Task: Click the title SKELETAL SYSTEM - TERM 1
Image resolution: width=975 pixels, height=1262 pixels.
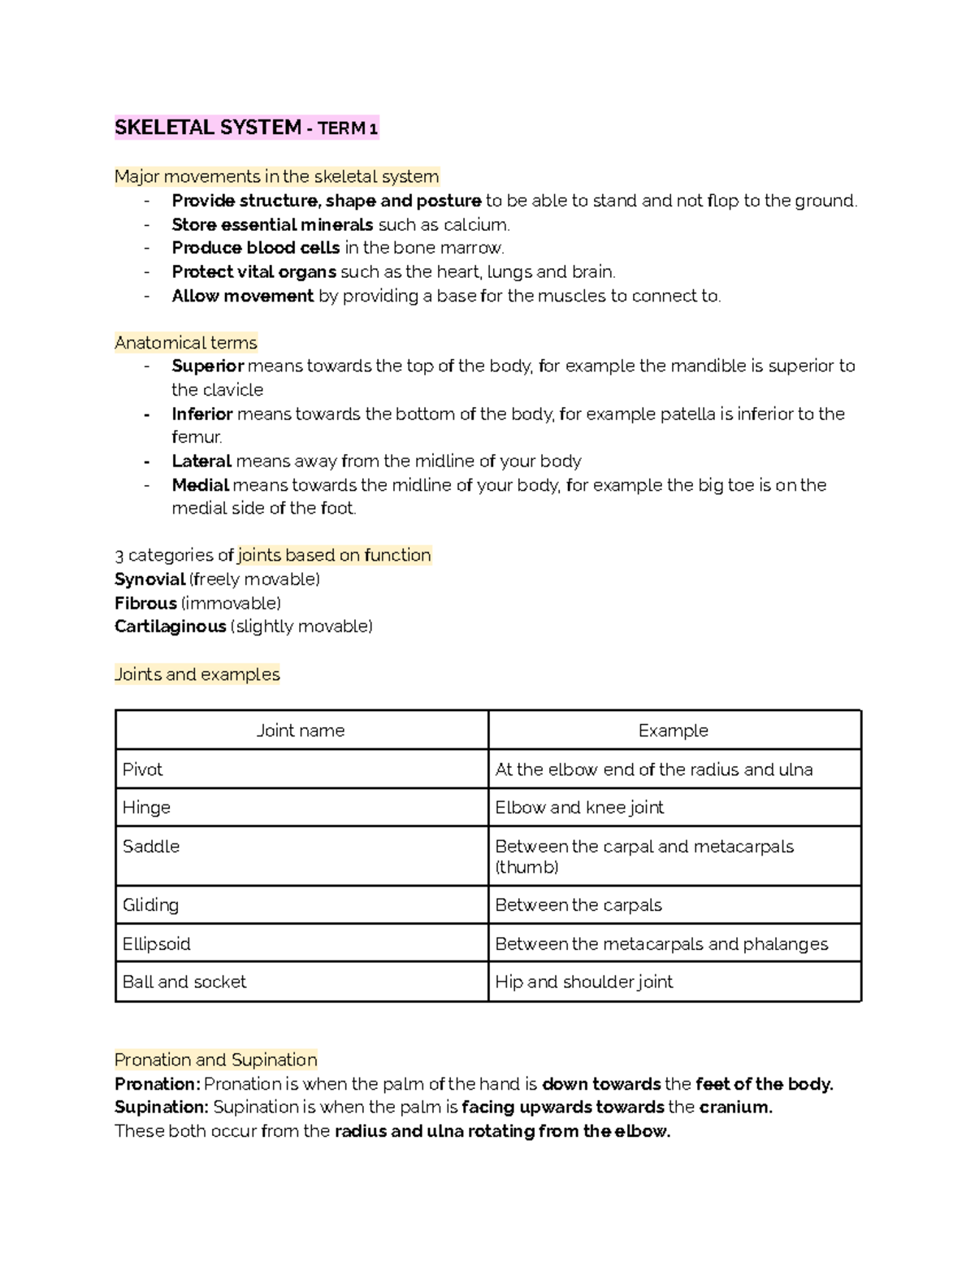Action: click(x=246, y=128)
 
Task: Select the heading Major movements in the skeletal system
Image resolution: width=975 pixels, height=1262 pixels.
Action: click(x=276, y=176)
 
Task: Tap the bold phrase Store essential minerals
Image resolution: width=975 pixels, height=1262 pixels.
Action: click(x=272, y=224)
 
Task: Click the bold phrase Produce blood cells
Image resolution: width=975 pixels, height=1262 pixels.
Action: click(x=255, y=248)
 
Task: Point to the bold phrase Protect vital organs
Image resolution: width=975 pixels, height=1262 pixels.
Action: click(x=253, y=271)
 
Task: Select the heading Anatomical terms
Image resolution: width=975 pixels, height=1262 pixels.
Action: click(x=186, y=342)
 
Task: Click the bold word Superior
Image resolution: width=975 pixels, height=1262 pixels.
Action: click(x=207, y=366)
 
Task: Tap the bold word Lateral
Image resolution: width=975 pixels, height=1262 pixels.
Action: click(x=201, y=461)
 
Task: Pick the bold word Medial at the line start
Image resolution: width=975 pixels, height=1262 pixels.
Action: click(x=200, y=485)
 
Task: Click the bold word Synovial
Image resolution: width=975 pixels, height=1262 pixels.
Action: click(x=149, y=579)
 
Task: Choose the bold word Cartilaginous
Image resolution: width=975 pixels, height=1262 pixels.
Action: click(x=170, y=627)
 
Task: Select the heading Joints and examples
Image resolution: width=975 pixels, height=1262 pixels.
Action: click(x=197, y=674)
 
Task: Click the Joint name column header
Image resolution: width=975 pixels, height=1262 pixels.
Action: click(x=301, y=731)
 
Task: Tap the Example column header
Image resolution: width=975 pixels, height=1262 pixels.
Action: click(x=673, y=731)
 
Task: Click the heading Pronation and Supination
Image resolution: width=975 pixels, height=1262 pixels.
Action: click(x=215, y=1060)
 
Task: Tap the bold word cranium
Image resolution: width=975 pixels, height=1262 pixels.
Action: click(x=735, y=1107)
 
